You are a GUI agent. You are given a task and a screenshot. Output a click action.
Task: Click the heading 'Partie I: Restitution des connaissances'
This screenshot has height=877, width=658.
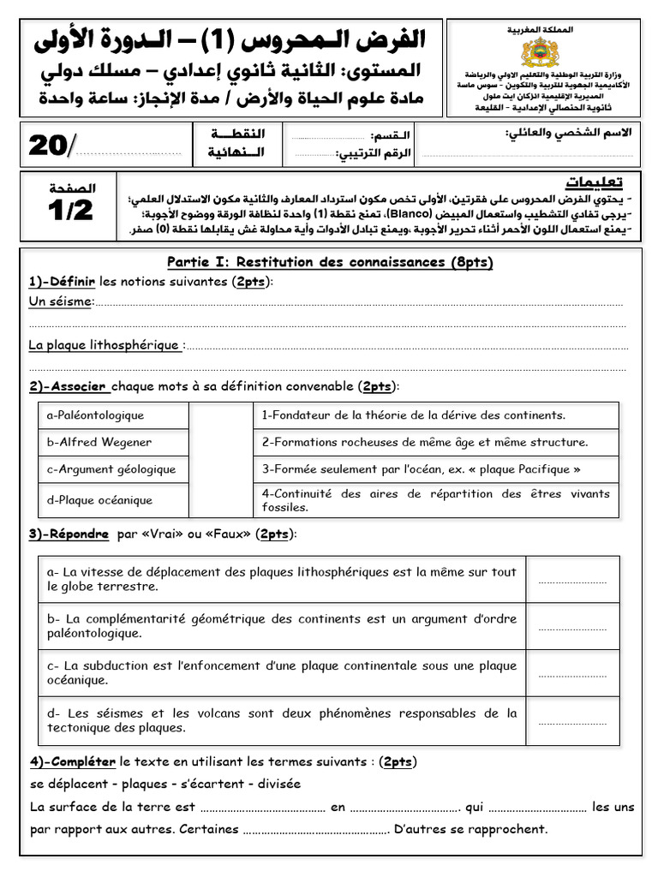tap(330, 262)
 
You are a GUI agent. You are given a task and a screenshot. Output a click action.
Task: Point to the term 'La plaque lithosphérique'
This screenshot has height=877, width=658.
tap(105, 345)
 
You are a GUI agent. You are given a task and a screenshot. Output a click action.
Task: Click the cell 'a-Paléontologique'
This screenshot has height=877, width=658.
tap(96, 415)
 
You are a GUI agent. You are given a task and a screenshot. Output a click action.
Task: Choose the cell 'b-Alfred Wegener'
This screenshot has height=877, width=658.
tap(99, 442)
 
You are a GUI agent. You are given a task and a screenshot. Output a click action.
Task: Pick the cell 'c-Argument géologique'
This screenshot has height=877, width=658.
tap(111, 468)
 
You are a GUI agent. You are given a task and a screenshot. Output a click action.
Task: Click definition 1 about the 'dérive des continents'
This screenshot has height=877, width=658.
tap(413, 415)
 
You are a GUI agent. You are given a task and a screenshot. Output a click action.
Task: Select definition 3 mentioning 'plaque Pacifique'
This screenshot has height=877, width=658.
tap(421, 468)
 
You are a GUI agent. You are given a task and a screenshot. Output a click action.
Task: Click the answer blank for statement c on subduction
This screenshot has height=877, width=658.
tap(571, 674)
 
